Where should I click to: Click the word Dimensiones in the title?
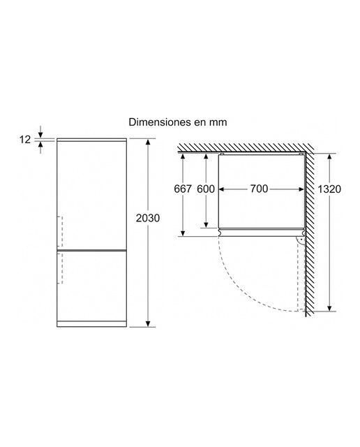pyautogui.click(x=160, y=122)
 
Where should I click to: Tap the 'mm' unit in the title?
pyautogui.click(x=218, y=123)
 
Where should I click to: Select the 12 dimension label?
pyautogui.click(x=25, y=140)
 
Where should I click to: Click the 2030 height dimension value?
pyautogui.click(x=147, y=218)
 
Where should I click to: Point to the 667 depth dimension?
pyautogui.click(x=183, y=189)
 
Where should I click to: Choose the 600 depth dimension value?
pyautogui.click(x=206, y=189)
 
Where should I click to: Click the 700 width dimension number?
pyautogui.click(x=259, y=189)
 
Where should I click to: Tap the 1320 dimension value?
pyautogui.click(x=329, y=189)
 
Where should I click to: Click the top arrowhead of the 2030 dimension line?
pyautogui.click(x=148, y=142)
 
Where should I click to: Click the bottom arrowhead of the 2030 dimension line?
pyautogui.click(x=148, y=323)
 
